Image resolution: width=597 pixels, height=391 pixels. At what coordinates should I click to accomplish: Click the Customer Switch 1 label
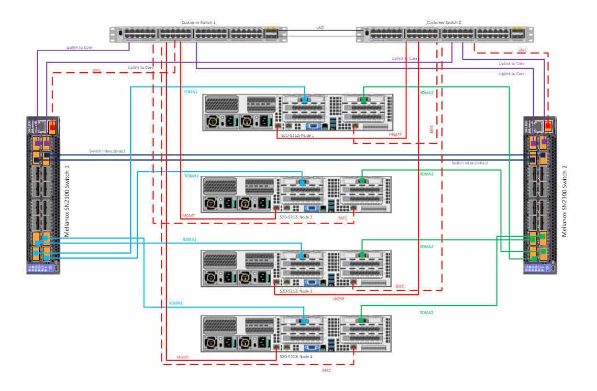click(199, 22)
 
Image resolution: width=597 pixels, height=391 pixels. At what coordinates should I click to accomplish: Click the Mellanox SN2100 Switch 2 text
click(564, 201)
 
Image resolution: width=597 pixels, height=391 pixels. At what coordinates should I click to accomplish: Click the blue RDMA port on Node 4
click(303, 321)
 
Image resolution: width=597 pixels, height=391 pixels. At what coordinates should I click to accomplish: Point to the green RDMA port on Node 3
click(362, 256)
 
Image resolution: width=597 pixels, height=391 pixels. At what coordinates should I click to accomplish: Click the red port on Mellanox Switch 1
click(52, 126)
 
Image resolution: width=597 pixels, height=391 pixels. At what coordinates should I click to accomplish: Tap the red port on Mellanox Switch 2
click(548, 126)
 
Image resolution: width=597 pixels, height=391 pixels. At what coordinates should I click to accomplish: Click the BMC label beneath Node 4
click(327, 370)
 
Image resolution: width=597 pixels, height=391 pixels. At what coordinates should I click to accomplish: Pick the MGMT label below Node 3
click(339, 299)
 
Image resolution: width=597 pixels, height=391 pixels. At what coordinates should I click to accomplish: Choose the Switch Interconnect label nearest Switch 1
click(107, 151)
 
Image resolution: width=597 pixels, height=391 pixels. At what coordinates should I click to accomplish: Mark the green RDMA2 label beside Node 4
click(427, 312)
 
